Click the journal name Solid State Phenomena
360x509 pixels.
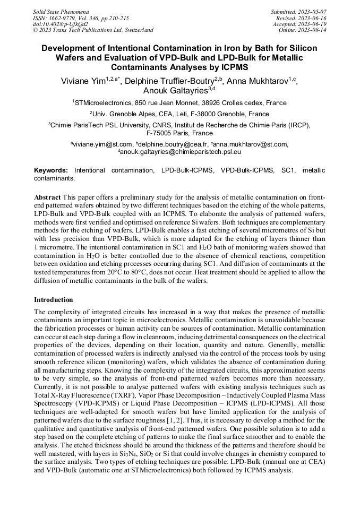click(x=61, y=11)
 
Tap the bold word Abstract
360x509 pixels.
click(x=47, y=197)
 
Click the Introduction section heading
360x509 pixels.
click(x=53, y=300)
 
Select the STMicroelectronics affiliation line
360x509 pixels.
click(x=179, y=103)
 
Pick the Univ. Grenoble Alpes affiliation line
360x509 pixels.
click(x=179, y=114)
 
